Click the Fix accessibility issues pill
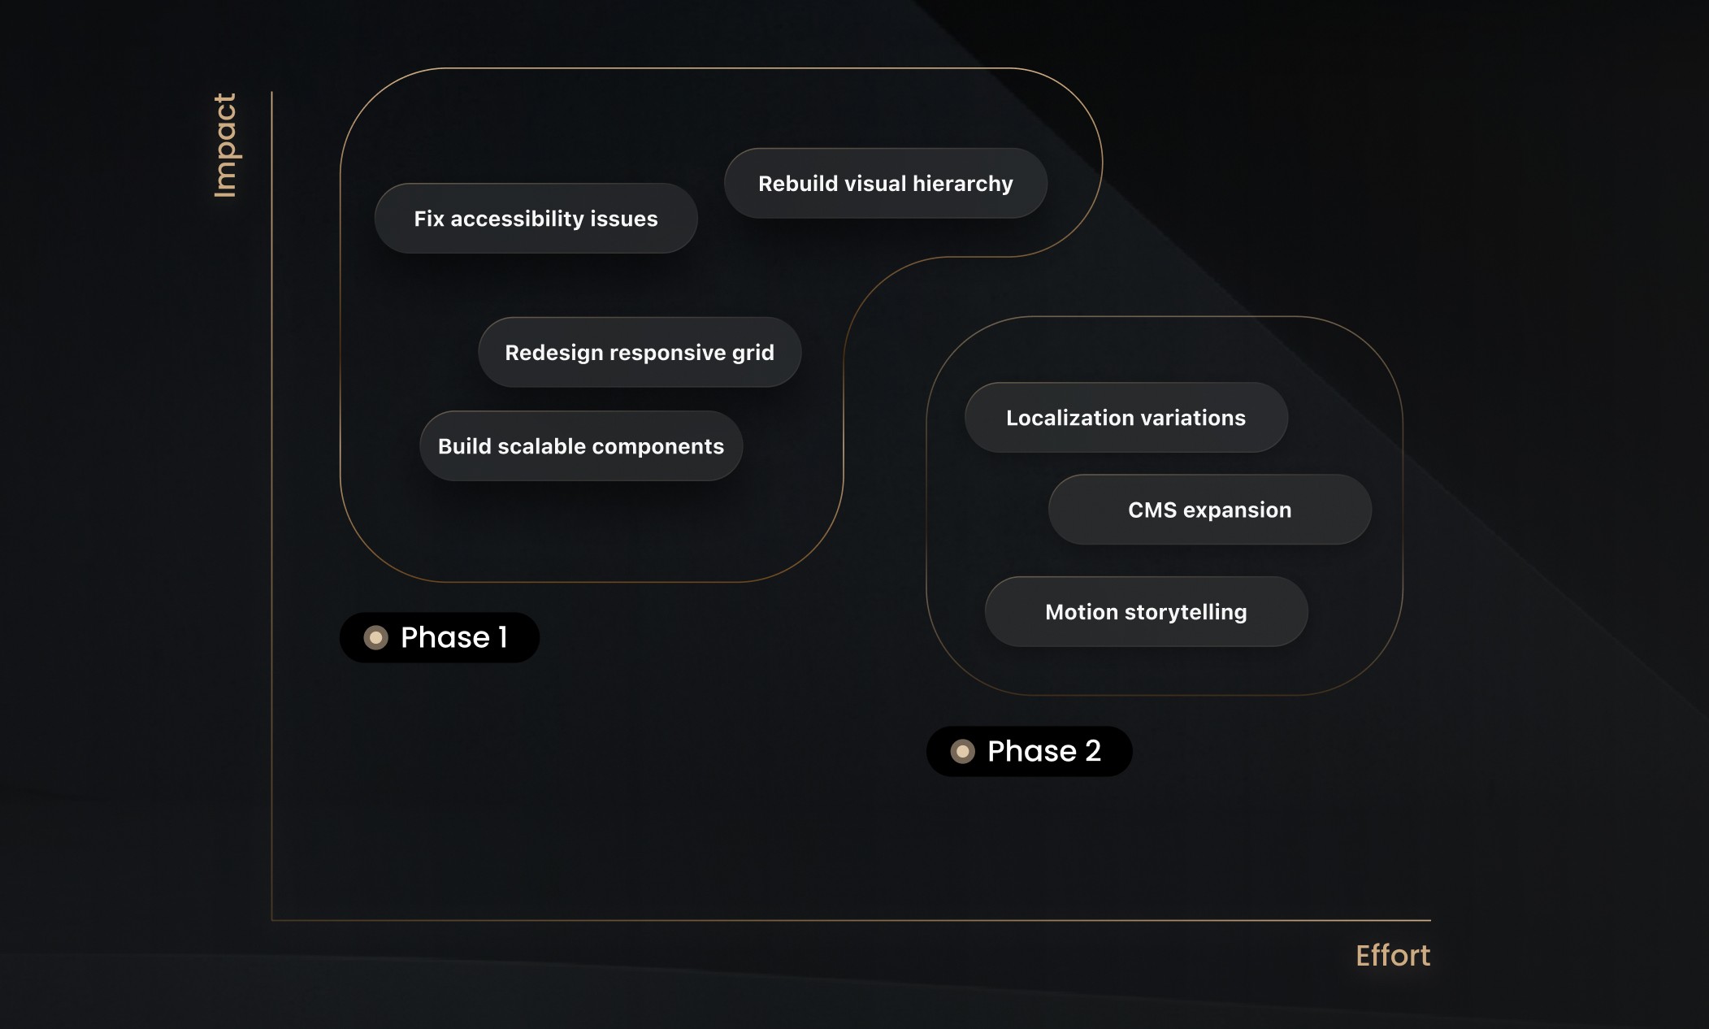[536, 219]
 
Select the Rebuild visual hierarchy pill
[885, 184]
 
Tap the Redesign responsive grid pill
[640, 353]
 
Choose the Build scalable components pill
[580, 446]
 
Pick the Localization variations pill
[1126, 418]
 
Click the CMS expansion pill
[1209, 510]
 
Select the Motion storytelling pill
[1146, 612]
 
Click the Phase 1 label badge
[439, 637]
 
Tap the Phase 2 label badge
[1029, 751]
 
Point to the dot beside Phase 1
[375, 637]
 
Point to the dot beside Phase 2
[962, 751]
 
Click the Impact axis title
[224, 145]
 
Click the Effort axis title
[1392, 955]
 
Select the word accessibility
[517, 219]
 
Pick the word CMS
[1152, 510]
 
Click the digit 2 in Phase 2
[1093, 751]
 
